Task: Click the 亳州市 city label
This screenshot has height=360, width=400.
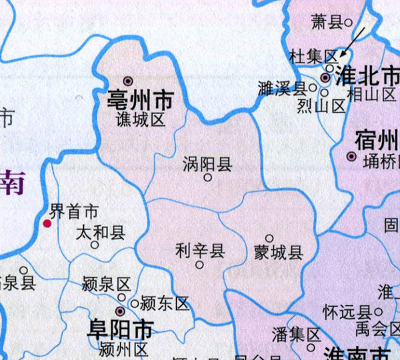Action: click(140, 101)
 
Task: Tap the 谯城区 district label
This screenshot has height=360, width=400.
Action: click(140, 120)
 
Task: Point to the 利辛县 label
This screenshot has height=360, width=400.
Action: click(199, 251)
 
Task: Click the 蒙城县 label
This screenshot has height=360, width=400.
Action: click(279, 252)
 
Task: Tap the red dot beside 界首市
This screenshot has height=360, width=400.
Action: click(47, 223)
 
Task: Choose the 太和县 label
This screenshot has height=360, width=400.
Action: click(100, 232)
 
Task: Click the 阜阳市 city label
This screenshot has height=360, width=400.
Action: click(121, 329)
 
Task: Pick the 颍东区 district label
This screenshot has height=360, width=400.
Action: click(165, 303)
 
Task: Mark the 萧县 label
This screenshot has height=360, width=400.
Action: click(327, 23)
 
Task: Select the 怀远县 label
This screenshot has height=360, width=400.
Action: click(346, 311)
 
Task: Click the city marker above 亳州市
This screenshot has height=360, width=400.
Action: click(129, 79)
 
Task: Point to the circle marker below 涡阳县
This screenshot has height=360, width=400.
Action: click(208, 178)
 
